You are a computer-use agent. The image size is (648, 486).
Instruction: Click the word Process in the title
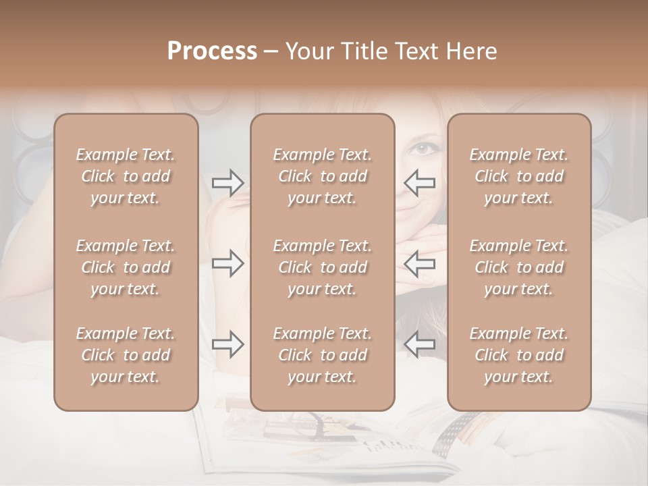tap(212, 51)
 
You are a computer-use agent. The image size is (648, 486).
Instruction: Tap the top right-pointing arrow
tap(227, 182)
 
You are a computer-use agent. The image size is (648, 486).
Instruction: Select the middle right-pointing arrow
tap(227, 263)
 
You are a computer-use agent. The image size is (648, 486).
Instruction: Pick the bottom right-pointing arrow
tap(227, 344)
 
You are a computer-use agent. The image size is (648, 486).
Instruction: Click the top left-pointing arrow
tap(420, 182)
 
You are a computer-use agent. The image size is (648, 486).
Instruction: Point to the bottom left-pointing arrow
tap(420, 344)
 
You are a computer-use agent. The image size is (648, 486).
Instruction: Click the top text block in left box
tap(126, 176)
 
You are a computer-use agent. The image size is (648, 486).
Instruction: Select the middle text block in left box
tap(126, 267)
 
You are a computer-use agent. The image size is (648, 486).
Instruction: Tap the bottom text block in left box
tap(126, 355)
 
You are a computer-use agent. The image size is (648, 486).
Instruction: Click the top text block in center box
tap(323, 176)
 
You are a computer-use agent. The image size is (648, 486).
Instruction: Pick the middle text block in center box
tap(323, 267)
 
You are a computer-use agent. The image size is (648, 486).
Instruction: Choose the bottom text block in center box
tap(323, 355)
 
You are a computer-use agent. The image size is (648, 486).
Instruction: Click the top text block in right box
tap(519, 176)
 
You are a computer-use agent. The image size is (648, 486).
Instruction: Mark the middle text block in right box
tap(519, 267)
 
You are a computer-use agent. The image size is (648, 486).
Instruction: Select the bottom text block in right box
tap(519, 355)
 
